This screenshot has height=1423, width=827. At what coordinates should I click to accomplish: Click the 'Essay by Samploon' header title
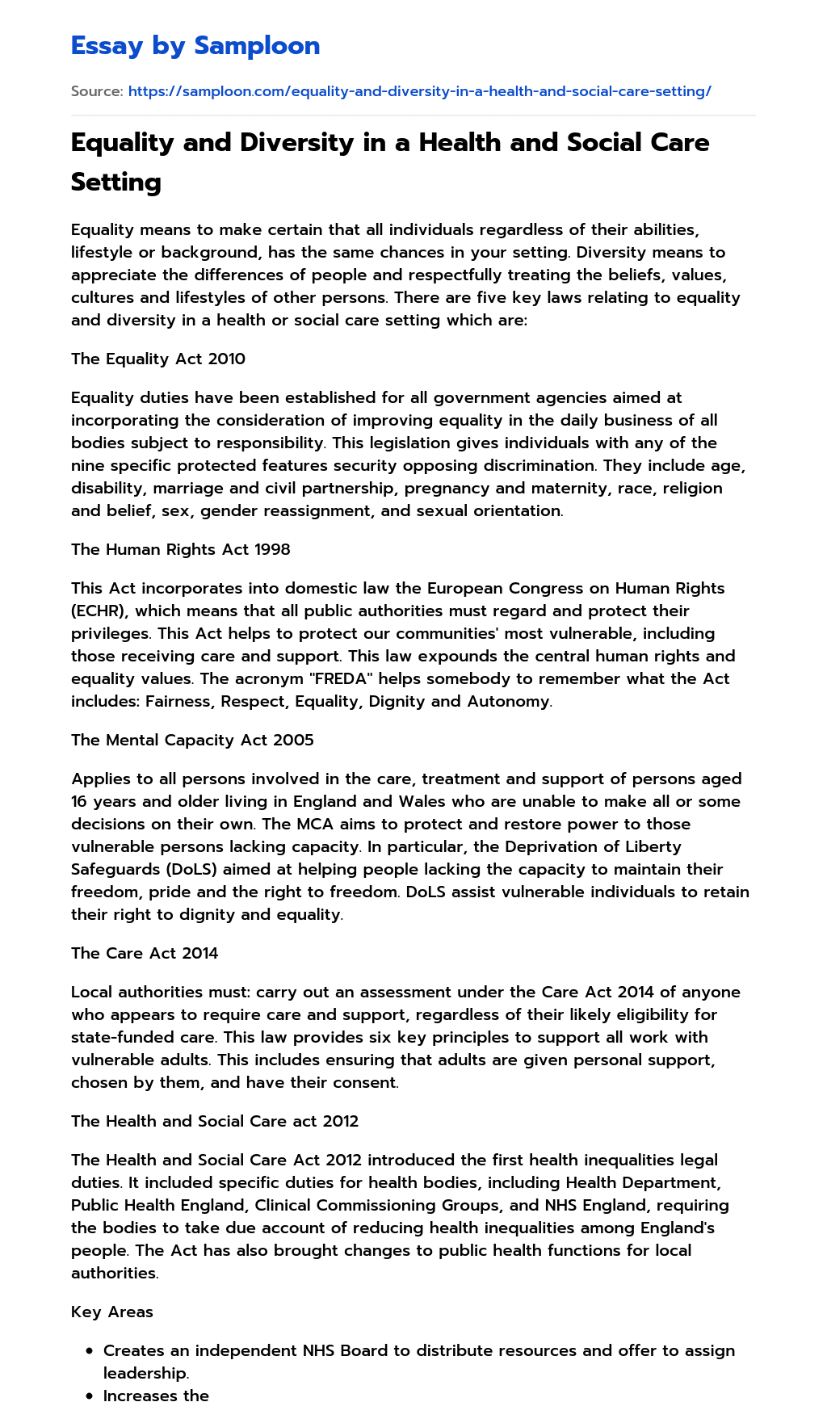(195, 46)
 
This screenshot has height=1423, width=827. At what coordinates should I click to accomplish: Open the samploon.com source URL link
(419, 91)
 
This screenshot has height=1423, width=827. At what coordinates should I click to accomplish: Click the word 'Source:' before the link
(97, 91)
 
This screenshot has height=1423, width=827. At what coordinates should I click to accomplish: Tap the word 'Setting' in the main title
(116, 182)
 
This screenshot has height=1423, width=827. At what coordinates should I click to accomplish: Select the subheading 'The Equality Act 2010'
(158, 359)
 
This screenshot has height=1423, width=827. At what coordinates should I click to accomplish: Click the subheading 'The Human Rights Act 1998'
(181, 549)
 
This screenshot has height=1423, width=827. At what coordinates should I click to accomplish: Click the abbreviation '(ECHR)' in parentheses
(98, 611)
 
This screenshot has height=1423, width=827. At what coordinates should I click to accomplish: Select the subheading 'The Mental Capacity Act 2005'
(192, 740)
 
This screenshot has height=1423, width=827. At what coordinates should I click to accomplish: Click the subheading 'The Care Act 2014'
(145, 953)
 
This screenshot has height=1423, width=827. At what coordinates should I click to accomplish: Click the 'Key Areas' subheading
(112, 1312)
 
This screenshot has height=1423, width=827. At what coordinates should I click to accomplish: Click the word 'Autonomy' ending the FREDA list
(509, 701)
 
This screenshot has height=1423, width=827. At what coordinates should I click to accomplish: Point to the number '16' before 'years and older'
(81, 801)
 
